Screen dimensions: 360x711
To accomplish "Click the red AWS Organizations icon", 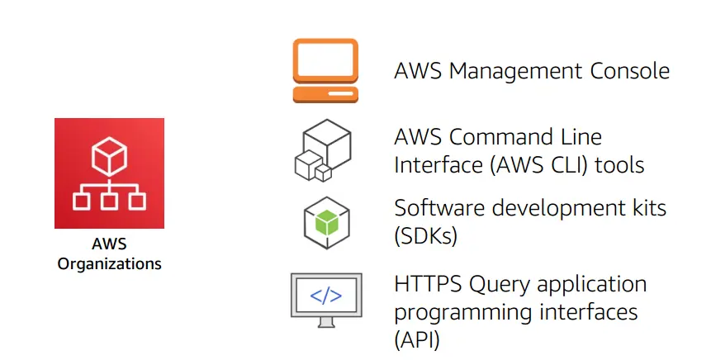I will (x=109, y=173).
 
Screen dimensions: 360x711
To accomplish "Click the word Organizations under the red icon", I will (x=109, y=264).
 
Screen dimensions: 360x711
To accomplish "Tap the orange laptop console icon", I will (x=325, y=71).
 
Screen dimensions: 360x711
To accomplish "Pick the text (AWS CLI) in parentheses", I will (x=543, y=165).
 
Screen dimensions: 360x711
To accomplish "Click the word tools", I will (x=621, y=165).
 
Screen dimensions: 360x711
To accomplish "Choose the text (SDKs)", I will (x=425, y=237).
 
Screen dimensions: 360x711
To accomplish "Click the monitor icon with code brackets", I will (x=325, y=296).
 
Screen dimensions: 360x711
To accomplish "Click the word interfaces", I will (x=582, y=313).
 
